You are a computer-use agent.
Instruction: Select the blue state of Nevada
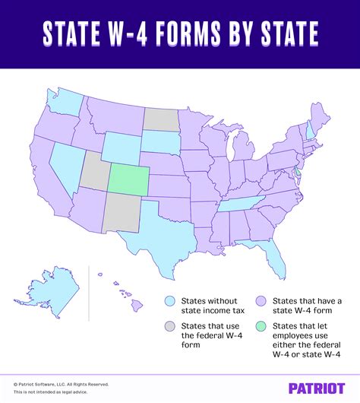(65, 163)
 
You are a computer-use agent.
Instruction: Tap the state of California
(46, 182)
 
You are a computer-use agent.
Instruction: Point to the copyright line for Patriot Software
(61, 384)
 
